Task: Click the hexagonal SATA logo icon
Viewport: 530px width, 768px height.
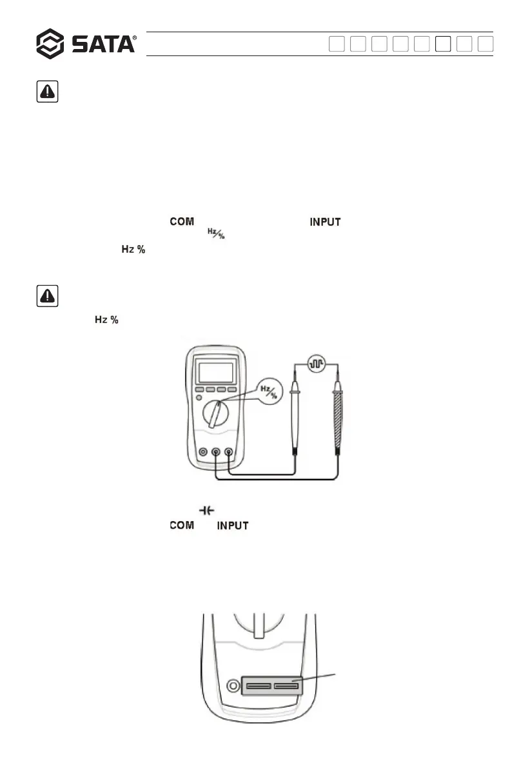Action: pos(50,44)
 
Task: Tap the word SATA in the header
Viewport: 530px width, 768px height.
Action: pos(102,44)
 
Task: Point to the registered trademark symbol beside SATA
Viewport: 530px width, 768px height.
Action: pos(134,39)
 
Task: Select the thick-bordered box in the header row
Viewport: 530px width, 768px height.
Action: pos(443,44)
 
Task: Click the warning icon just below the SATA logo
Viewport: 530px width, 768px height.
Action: pos(45,92)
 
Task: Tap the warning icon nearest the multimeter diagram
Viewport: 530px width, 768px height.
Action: pos(45,297)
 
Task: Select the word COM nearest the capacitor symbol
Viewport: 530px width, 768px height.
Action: pos(182,526)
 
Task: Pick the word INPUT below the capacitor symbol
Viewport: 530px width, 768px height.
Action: pos(233,526)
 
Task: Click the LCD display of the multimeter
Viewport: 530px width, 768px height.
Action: pos(216,373)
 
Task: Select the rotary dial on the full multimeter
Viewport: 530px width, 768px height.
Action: pos(216,413)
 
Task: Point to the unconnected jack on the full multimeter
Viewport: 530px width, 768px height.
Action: pos(204,453)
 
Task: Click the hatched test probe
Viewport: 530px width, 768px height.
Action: pos(337,419)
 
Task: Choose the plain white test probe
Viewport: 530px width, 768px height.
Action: pos(294,419)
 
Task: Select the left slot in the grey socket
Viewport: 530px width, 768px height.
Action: pos(258,685)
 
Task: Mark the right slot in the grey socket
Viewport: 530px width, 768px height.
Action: pos(286,685)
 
